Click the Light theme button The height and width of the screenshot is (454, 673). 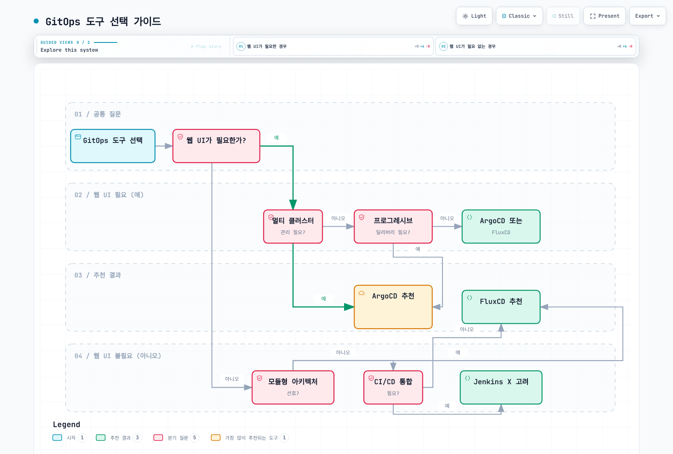[x=474, y=16]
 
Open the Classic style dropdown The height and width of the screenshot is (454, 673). [x=519, y=16]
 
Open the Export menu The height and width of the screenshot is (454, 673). [x=647, y=16]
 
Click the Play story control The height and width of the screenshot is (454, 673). [x=207, y=47]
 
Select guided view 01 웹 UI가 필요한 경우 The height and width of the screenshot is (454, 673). [x=333, y=46]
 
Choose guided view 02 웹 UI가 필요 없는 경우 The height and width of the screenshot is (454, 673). [x=535, y=46]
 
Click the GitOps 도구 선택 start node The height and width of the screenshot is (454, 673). [x=113, y=146]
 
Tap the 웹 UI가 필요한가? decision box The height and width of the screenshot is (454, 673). [x=216, y=146]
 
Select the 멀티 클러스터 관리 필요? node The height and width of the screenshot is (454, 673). [x=293, y=227]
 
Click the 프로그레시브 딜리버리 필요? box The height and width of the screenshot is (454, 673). [x=393, y=227]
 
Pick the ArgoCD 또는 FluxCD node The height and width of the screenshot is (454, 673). [x=501, y=227]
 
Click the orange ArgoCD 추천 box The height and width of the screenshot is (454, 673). [x=393, y=307]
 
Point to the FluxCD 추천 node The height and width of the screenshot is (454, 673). [x=501, y=307]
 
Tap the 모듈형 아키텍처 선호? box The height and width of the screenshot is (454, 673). [x=293, y=387]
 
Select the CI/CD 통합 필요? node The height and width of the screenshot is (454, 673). [x=393, y=387]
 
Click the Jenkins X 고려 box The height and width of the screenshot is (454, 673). [x=501, y=387]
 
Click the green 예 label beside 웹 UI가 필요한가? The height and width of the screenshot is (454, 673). [x=276, y=137]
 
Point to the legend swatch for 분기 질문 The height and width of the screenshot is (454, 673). [x=158, y=438]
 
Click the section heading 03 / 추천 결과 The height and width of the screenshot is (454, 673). [x=98, y=275]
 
